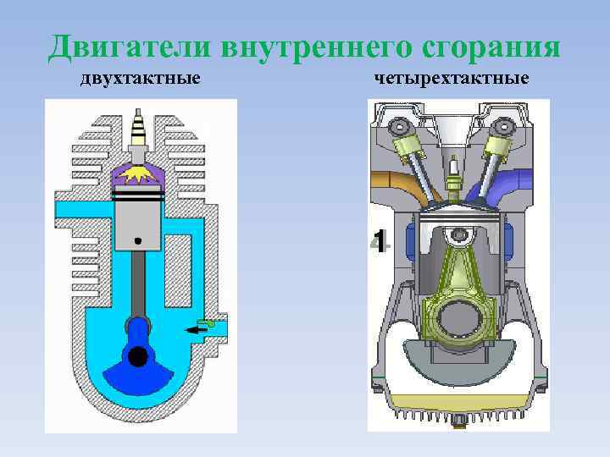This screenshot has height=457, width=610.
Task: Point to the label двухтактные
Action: pyautogui.click(x=141, y=80)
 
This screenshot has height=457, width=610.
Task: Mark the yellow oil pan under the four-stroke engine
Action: pyautogui.click(x=458, y=402)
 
